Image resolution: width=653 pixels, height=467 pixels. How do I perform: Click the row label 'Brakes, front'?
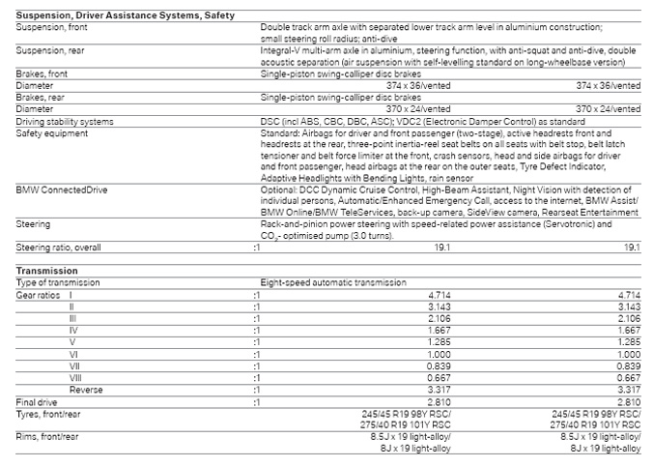[x=43, y=73]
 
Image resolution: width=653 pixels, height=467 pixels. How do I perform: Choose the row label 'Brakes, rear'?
[x=41, y=98]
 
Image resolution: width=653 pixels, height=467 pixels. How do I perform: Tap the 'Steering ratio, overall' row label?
[x=60, y=247]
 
